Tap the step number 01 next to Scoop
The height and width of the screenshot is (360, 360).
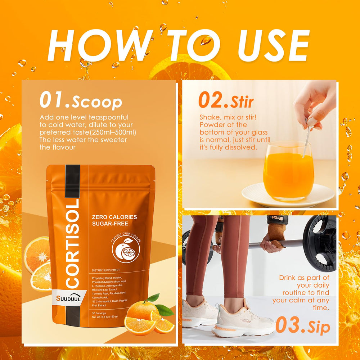coord(54,100)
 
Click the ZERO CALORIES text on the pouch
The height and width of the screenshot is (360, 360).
coord(114,217)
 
